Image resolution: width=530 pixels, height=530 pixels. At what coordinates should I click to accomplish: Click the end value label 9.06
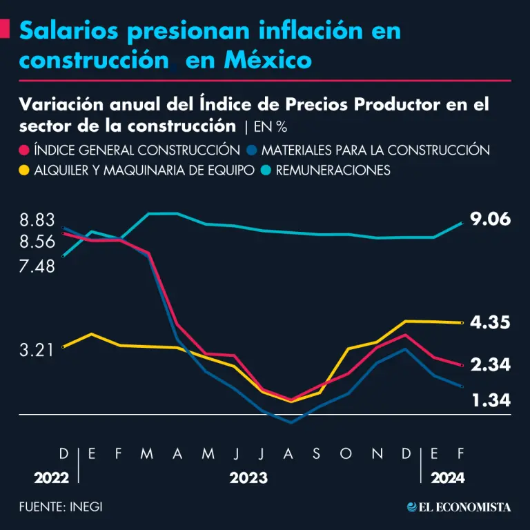click(490, 219)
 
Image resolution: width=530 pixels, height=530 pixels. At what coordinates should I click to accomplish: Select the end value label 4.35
click(490, 322)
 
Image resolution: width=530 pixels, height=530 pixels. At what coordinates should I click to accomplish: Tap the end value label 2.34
click(490, 365)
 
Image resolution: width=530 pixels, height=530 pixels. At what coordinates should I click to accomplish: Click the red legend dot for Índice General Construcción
click(25, 150)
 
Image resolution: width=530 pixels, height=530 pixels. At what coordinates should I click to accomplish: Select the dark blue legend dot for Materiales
click(253, 150)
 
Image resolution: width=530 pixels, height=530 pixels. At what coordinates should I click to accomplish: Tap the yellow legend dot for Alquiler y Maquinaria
click(25, 170)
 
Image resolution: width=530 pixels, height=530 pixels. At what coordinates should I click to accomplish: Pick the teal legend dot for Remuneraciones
click(266, 170)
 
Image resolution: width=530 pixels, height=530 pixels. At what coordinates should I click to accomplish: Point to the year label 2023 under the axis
click(248, 478)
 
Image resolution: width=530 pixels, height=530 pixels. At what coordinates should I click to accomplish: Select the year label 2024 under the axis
click(448, 478)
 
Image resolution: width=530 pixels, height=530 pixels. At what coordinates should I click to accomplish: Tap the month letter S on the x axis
click(317, 453)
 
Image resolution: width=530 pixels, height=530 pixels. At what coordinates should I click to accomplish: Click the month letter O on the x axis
click(346, 453)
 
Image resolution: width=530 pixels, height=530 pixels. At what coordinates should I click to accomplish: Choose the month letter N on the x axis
click(376, 453)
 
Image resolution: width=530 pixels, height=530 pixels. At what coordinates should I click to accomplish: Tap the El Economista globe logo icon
click(412, 507)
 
